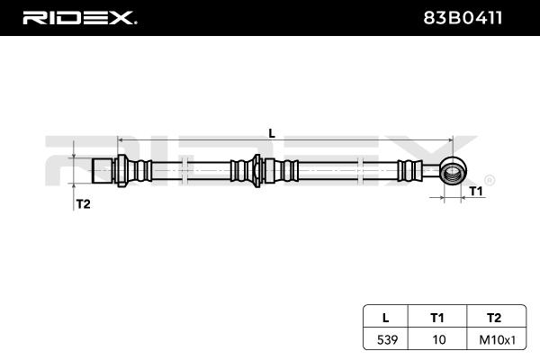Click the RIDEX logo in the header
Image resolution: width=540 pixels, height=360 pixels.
[79, 18]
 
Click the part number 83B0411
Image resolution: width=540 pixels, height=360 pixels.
[463, 18]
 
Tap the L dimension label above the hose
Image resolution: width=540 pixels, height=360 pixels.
[272, 133]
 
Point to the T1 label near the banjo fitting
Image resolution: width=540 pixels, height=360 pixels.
[476, 191]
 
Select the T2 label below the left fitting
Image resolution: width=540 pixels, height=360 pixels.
[83, 204]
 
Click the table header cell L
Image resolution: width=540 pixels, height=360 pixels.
[386, 318]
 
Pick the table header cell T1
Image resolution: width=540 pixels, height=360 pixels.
[437, 318]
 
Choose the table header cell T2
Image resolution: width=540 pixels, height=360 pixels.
[494, 318]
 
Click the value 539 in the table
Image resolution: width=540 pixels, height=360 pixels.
[387, 340]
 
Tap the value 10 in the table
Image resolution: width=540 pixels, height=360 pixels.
[439, 340]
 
